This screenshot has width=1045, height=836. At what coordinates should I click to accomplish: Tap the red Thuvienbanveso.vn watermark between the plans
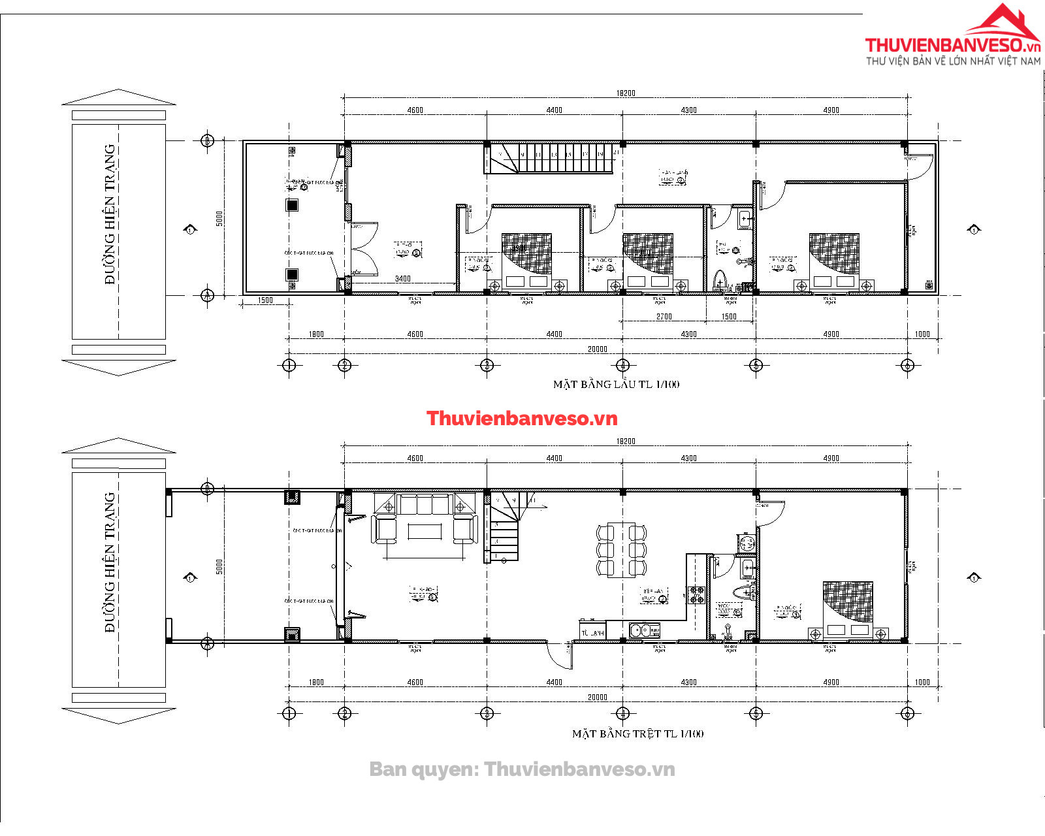click(522, 419)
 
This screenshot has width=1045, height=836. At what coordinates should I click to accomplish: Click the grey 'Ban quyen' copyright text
click(522, 769)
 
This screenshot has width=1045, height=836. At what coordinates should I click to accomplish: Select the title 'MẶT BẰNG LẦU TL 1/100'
click(616, 385)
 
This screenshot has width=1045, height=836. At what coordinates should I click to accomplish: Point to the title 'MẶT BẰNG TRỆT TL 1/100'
click(637, 733)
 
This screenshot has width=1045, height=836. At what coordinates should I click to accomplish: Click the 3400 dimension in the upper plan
click(403, 279)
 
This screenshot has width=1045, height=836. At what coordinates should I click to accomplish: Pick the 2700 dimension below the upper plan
click(664, 317)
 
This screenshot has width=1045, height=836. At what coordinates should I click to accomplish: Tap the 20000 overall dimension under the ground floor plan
click(597, 697)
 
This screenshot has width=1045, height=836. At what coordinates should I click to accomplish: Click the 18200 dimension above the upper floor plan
click(626, 93)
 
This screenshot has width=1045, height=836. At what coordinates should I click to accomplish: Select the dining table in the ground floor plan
click(621, 550)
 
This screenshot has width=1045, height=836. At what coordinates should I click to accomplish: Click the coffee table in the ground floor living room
click(425, 531)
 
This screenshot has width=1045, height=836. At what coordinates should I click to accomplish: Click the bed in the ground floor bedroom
click(848, 607)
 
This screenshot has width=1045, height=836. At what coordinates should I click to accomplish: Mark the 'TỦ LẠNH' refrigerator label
click(592, 633)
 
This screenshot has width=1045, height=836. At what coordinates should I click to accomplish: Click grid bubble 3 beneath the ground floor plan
click(487, 713)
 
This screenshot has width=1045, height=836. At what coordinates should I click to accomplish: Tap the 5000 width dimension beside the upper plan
click(219, 218)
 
